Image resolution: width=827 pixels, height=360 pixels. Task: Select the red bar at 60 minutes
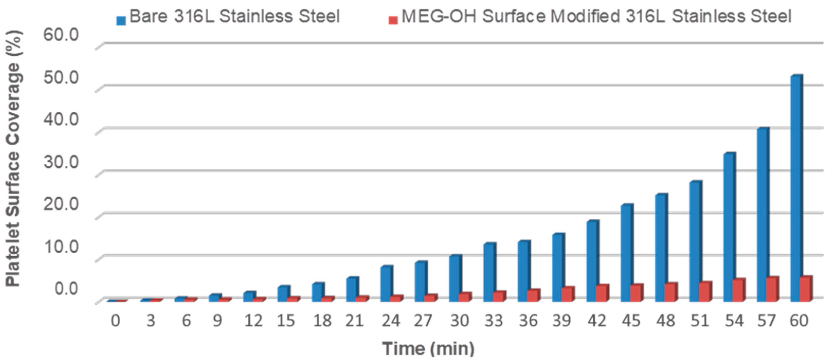805,289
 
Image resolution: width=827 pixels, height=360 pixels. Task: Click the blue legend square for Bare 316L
121,21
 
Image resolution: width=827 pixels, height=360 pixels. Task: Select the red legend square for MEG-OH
393,21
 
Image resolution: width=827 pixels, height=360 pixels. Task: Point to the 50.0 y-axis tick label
61,77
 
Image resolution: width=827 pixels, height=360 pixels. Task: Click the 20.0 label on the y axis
61,204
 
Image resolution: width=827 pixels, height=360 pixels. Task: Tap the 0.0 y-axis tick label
66,288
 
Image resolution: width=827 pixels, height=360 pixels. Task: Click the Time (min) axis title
428,348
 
